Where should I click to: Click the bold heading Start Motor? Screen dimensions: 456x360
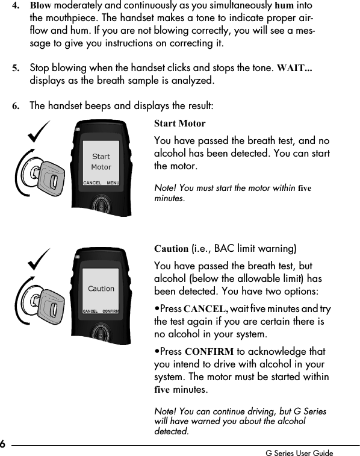(x=180, y=124)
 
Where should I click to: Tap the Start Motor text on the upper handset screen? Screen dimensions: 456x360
(x=101, y=161)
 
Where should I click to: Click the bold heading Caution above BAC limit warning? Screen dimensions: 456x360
(x=172, y=248)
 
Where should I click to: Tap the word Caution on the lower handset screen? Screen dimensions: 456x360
(x=101, y=289)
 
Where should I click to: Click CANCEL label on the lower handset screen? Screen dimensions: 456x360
(x=90, y=311)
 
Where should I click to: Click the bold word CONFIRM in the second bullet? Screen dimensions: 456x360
(x=206, y=352)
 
